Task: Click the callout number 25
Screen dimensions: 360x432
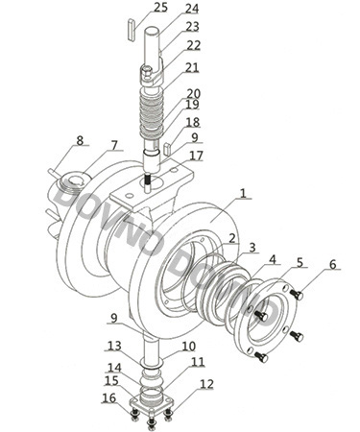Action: coord(160,7)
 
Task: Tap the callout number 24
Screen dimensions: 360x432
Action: coord(192,9)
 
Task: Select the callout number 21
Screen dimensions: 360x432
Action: coord(192,67)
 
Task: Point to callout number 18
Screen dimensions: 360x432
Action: coord(193,122)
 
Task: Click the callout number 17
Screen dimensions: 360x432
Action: coord(196,156)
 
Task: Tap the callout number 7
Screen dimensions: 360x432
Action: coord(114,145)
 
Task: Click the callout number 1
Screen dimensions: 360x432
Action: coord(244,193)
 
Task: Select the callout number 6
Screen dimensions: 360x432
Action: coord(333,264)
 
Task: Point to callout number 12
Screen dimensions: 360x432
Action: coord(206,384)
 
